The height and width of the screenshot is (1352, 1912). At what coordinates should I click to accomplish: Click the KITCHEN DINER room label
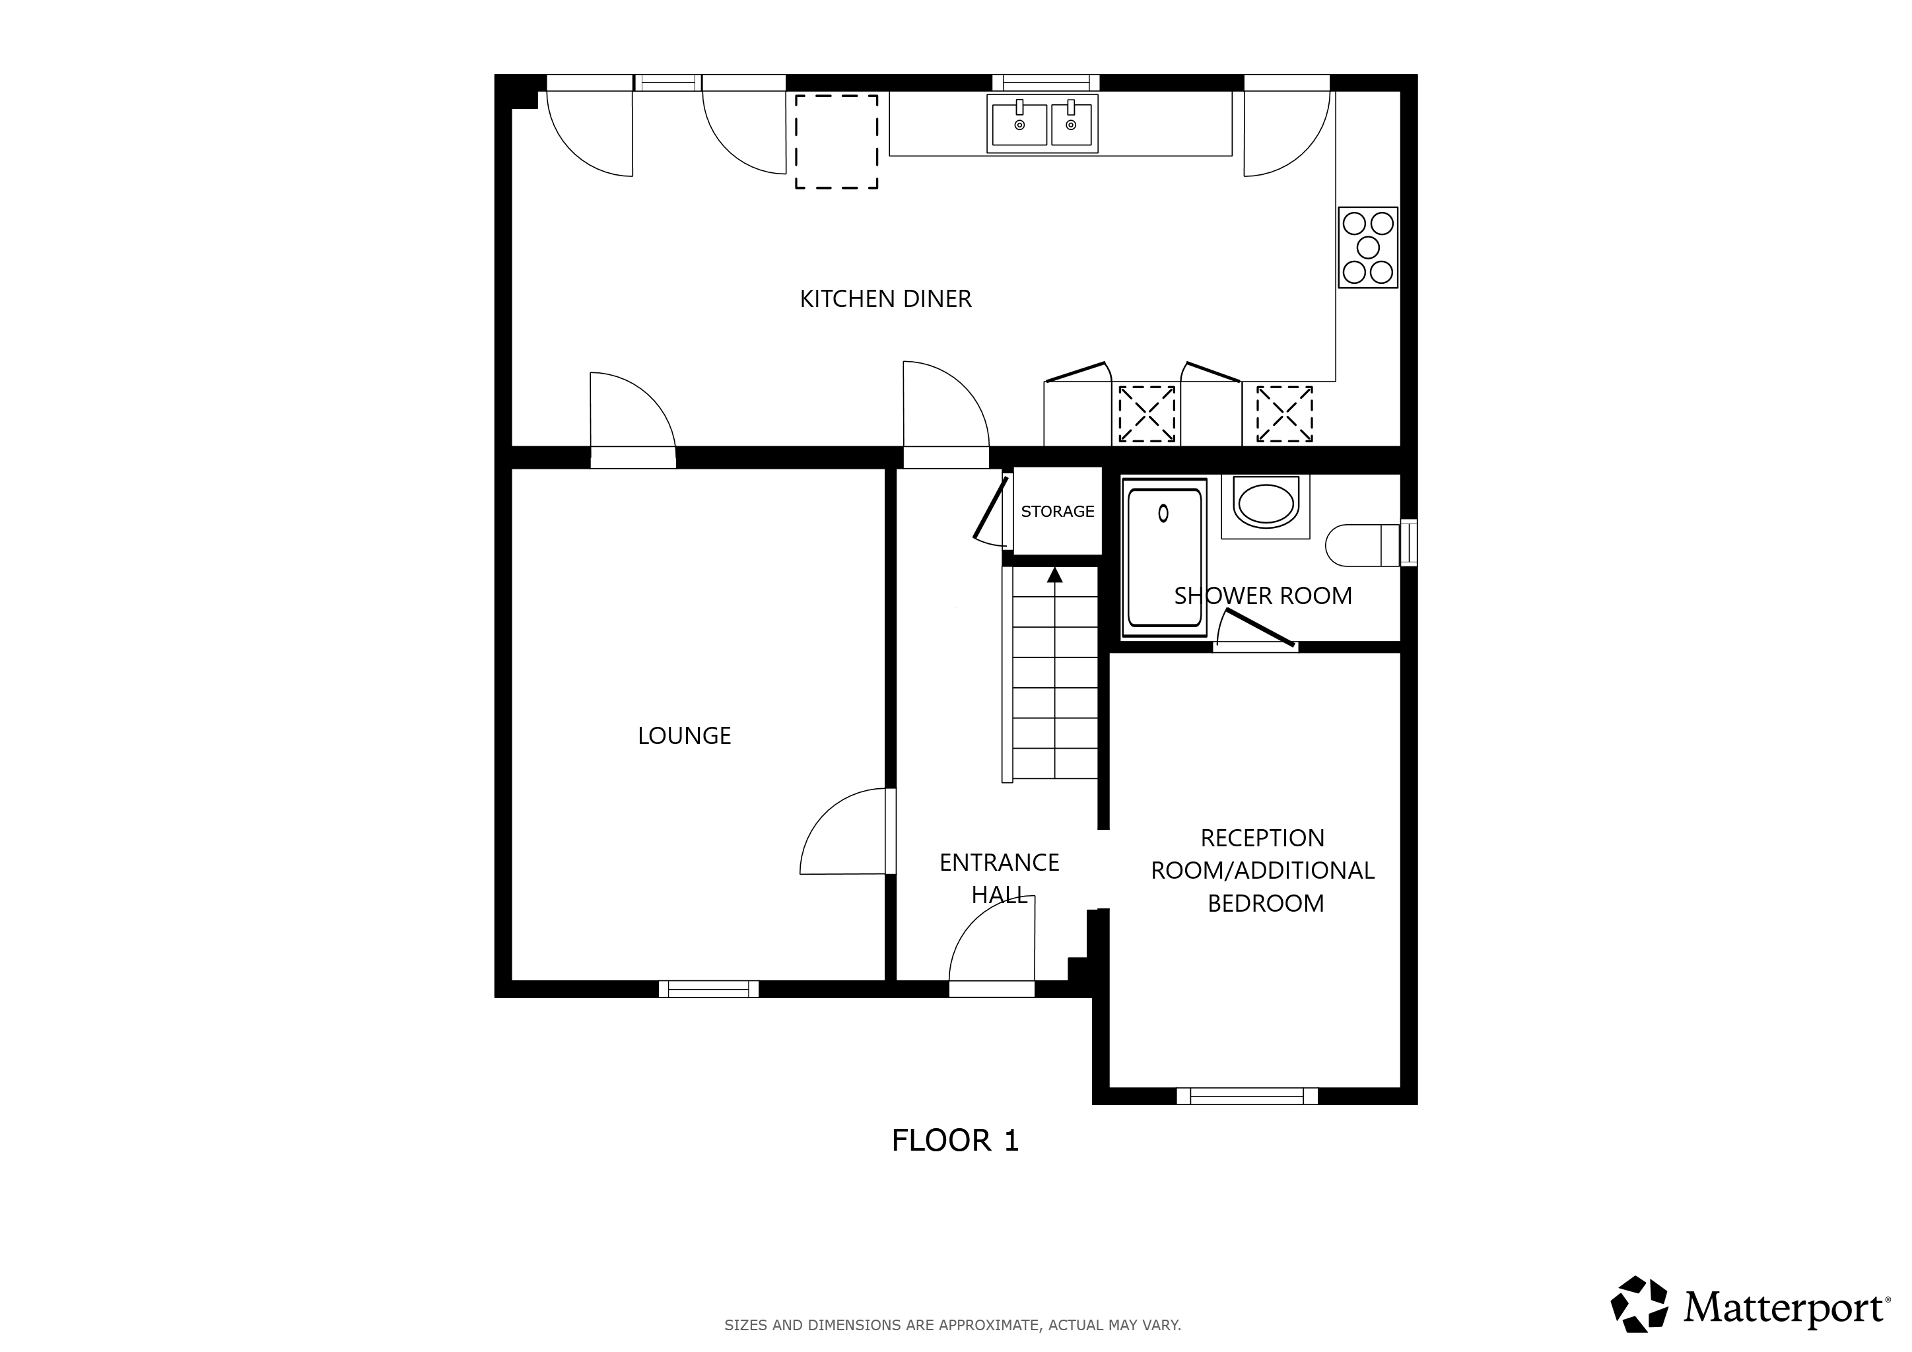pos(885,299)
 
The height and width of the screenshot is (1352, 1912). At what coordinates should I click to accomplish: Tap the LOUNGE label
pos(684,736)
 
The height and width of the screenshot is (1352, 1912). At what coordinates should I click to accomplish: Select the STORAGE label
pos(1058,511)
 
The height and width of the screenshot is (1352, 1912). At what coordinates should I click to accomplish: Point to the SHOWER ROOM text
pos(1262,596)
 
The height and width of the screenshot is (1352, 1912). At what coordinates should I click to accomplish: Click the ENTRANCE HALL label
pos(1000,878)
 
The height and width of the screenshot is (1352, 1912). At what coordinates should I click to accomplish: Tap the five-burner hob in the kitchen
pos(1367,248)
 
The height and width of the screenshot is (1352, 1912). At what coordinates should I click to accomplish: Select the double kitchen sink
pos(1042,123)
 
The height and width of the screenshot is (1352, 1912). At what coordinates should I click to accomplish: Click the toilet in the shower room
pos(1370,545)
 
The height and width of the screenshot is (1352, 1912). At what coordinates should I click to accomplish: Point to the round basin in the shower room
pos(1266,504)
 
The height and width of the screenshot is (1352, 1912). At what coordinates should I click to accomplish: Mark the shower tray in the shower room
pos(1164,557)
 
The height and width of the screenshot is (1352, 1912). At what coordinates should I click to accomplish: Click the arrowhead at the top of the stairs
pos(1055,574)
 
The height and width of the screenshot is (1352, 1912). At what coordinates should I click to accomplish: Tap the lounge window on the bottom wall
pos(708,989)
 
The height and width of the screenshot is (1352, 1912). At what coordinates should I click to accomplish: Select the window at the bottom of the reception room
pos(1246,1096)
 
